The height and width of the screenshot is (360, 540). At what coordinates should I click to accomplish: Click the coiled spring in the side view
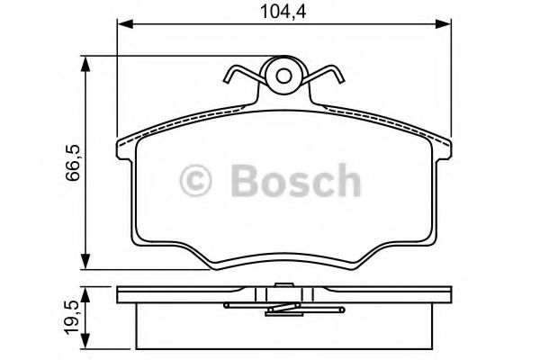pos(283,308)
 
